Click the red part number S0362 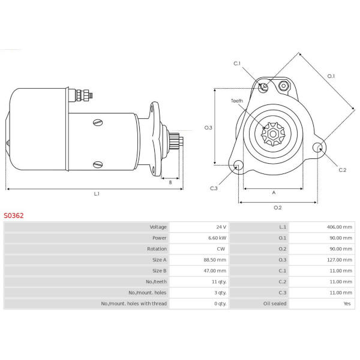pyautogui.click(x=14, y=215)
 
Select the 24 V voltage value pyautogui.click(x=221, y=227)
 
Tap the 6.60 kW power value pyautogui.click(x=217, y=238)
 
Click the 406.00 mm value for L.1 pyautogui.click(x=340, y=227)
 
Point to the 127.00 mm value pyautogui.click(x=340, y=260)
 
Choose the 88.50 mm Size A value pyautogui.click(x=215, y=260)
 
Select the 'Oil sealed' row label pyautogui.click(x=275, y=304)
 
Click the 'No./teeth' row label pyautogui.click(x=157, y=282)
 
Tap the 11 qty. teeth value pyautogui.click(x=219, y=282)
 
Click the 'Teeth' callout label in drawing pyautogui.click(x=237, y=101)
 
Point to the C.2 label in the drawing pyautogui.click(x=342, y=170)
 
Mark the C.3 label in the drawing pyautogui.click(x=214, y=188)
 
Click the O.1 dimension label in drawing pyautogui.click(x=331, y=76)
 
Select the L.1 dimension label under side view pyautogui.click(x=97, y=194)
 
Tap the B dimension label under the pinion pyautogui.click(x=170, y=182)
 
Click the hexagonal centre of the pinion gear pyautogui.click(x=273, y=134)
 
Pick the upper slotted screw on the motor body pyautogui.click(x=98, y=122)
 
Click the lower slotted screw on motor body pyautogui.click(x=98, y=164)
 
